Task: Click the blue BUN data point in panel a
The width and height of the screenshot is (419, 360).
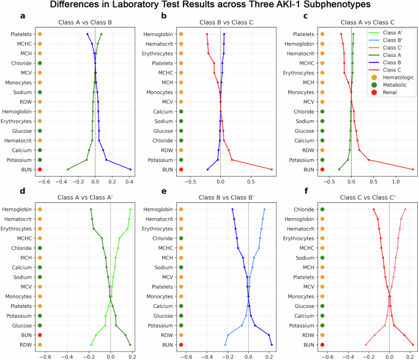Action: point(131,169)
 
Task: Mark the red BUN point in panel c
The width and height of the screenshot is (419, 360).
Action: point(413,169)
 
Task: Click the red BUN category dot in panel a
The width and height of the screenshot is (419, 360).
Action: point(40,169)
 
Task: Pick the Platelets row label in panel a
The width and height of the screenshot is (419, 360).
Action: point(20,34)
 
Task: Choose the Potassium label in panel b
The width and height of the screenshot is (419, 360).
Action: point(161,160)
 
